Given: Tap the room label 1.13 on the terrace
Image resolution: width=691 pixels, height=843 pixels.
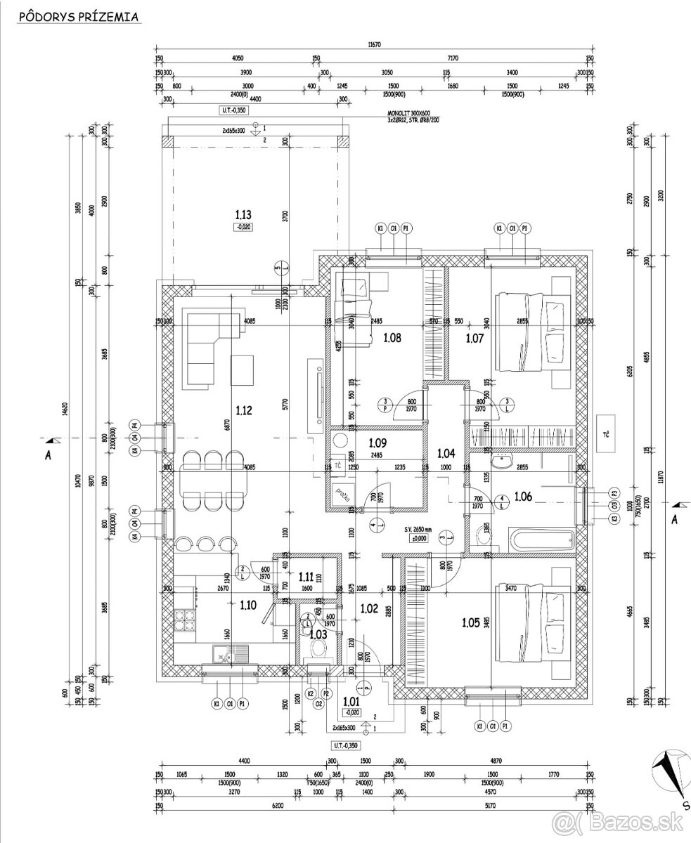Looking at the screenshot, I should (243, 214).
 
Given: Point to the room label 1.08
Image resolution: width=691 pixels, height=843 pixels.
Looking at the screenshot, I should (392, 338).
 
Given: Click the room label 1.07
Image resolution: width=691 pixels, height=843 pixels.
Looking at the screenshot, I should (475, 338).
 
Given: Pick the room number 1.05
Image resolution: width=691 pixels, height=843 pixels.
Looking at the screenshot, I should (471, 621).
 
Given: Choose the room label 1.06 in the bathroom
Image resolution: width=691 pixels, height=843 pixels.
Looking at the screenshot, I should (523, 497).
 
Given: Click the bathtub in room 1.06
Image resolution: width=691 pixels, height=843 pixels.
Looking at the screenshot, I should (542, 541).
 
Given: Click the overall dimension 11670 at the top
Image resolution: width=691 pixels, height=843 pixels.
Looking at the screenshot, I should (374, 44).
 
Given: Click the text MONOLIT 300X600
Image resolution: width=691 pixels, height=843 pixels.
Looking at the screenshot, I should (408, 113).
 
